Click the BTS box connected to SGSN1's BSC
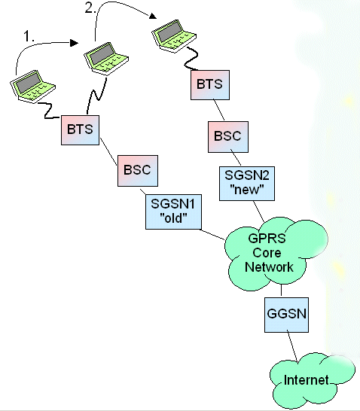(x=81, y=130)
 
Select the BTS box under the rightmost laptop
(x=210, y=85)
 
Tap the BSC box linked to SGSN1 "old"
(x=138, y=171)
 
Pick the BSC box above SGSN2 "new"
(x=228, y=137)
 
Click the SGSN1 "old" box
(x=173, y=212)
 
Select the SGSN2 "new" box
(x=247, y=184)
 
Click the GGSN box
(x=286, y=315)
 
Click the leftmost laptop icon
(x=33, y=87)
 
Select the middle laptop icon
(x=106, y=59)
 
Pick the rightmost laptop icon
(x=174, y=36)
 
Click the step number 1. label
(x=29, y=36)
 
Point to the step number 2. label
(x=90, y=8)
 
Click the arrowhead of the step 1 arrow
(x=75, y=43)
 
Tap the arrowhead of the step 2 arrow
(x=153, y=16)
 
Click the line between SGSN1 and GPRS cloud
(x=213, y=234)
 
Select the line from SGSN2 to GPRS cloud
(x=258, y=212)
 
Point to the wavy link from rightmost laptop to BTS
(x=193, y=59)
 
